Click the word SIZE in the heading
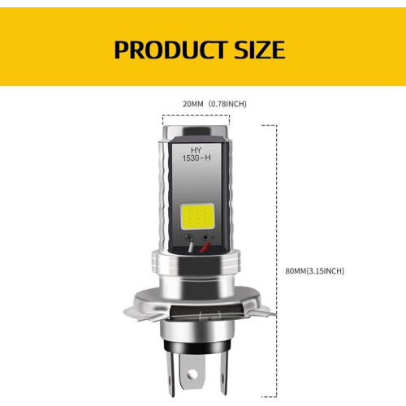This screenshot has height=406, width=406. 260,50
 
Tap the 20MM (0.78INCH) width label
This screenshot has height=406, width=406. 214,104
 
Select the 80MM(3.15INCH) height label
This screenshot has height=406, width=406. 315,271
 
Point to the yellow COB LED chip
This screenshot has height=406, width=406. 197,216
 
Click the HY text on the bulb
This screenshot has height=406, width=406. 197,150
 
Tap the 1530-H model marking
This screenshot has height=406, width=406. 197,158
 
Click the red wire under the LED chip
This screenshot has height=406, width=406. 205,247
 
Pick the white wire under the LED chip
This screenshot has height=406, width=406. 191,245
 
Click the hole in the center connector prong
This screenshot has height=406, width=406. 193,374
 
